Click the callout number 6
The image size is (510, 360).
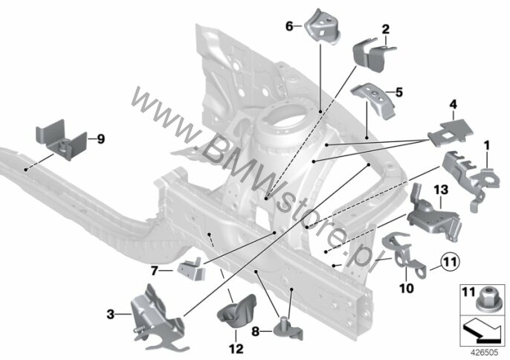pos(289,26)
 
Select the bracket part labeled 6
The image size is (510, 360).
pos(323,27)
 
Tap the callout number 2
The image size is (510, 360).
pos(385,30)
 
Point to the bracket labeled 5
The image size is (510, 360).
pos(373,100)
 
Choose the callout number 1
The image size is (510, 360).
pos(487,146)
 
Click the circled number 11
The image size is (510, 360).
pos(451,261)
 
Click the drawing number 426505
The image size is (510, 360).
pos(485,353)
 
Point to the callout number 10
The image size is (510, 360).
pos(407,288)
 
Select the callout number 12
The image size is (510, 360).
pos(236,349)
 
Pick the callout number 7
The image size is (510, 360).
pos(155,271)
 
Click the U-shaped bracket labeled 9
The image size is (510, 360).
pos(61,140)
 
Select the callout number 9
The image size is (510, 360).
pos(101,139)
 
